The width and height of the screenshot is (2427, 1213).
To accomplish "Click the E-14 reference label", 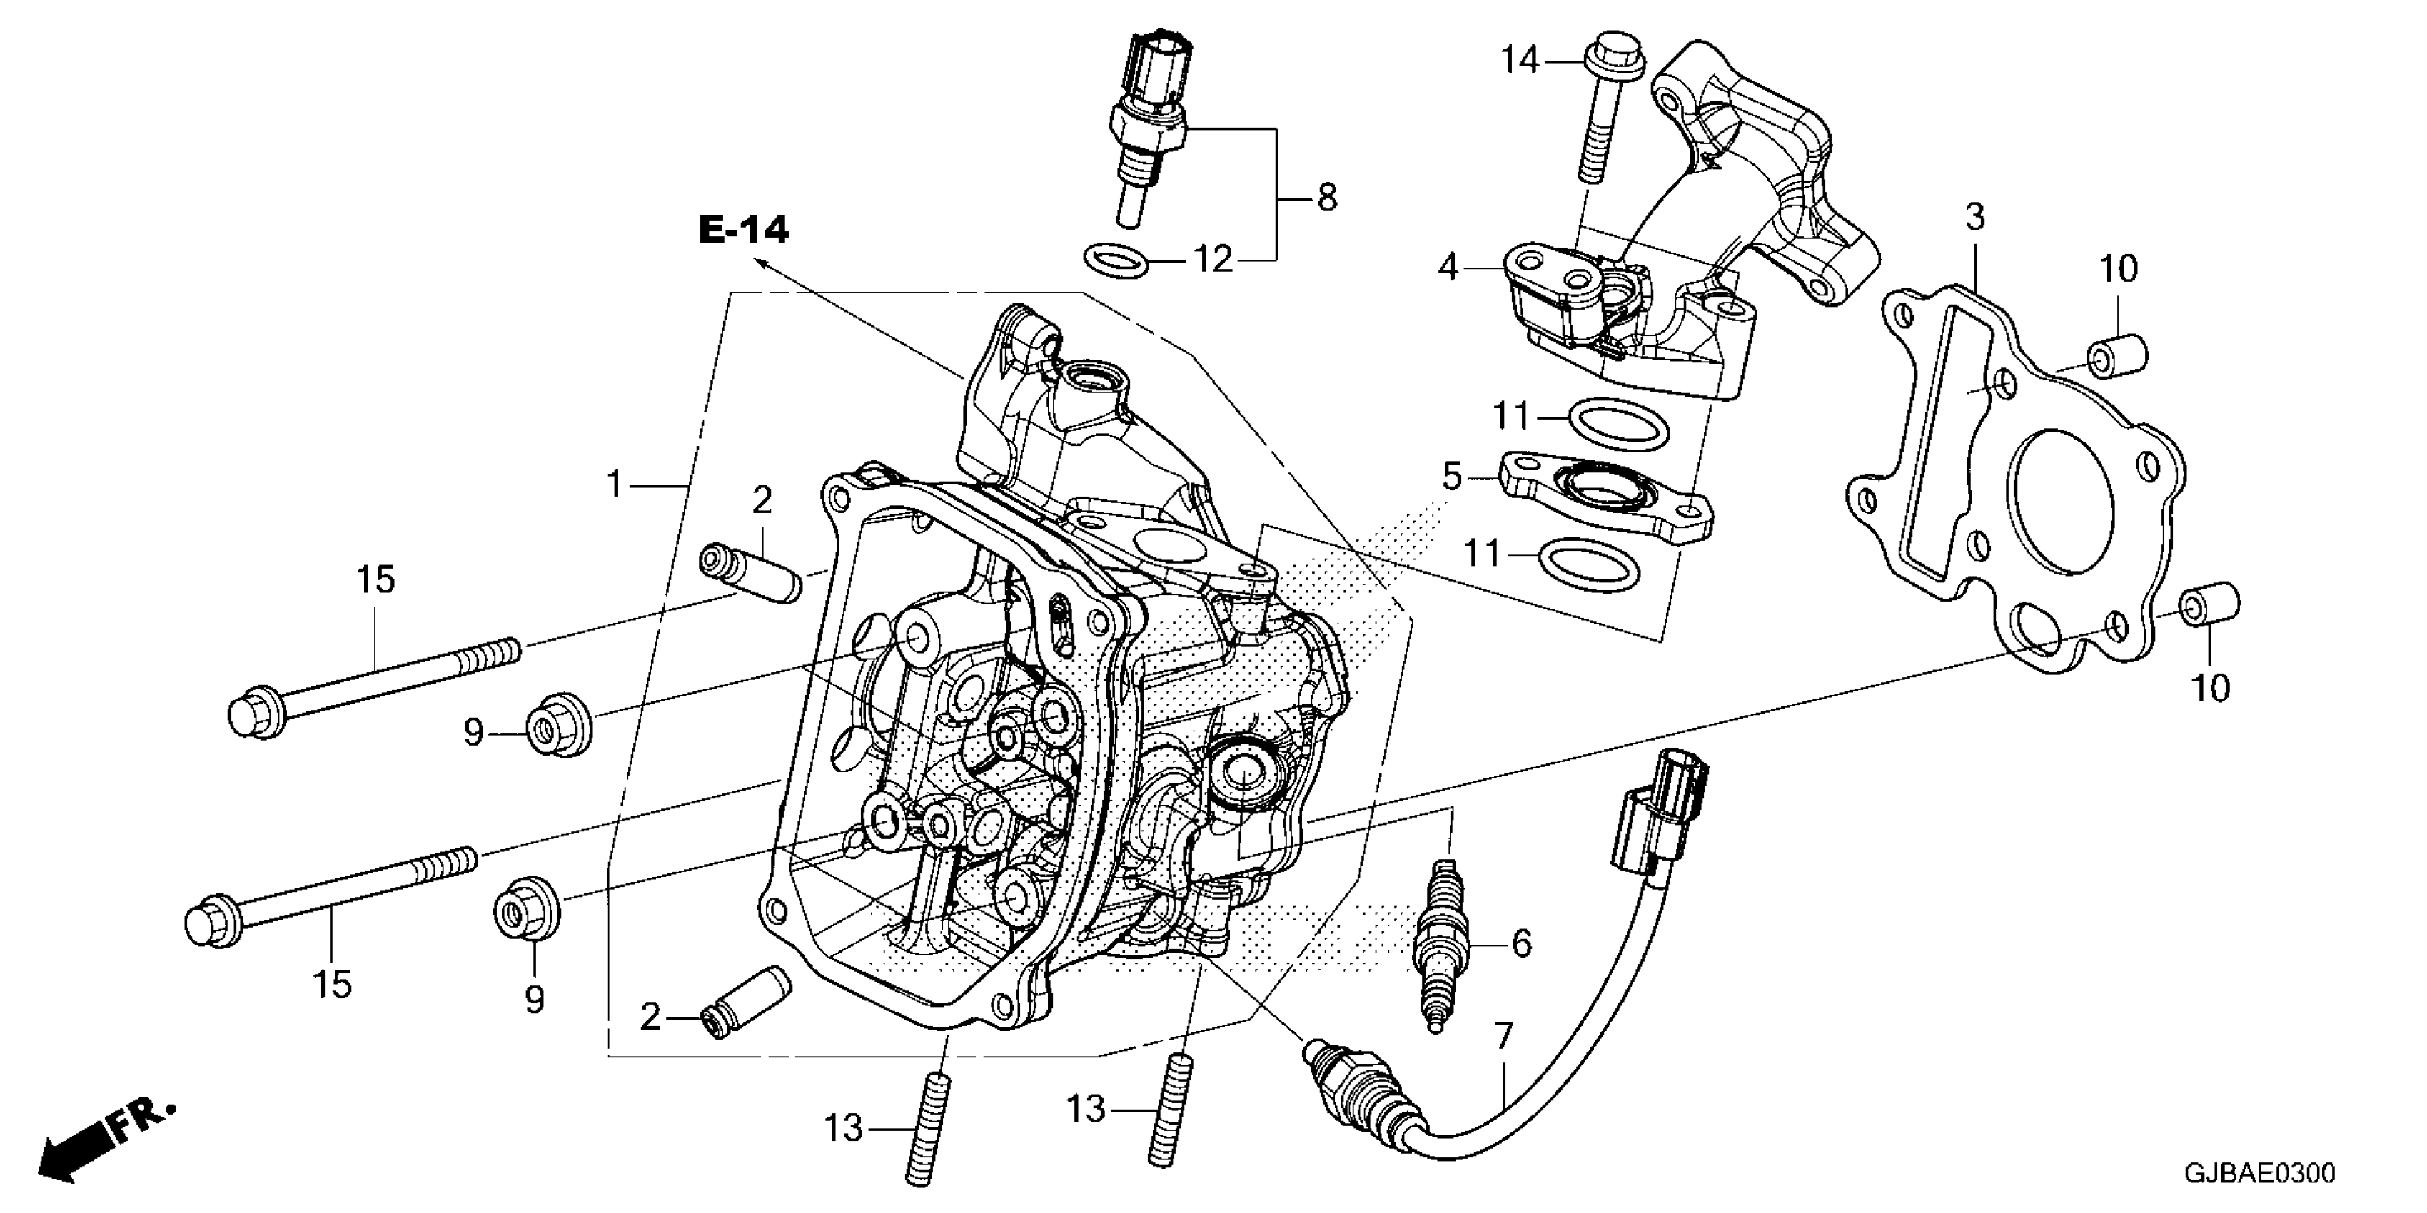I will [x=743, y=230].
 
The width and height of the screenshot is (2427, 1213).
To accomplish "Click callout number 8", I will [x=1326, y=198].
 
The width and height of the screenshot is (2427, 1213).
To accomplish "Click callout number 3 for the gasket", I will [x=1974, y=217].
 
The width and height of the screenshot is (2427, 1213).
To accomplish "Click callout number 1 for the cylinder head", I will [x=615, y=485].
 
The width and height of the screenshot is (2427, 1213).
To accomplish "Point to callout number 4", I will [x=1448, y=268].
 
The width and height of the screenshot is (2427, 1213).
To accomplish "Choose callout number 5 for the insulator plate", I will [x=1452, y=477].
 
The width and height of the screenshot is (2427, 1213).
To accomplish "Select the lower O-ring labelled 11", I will [x=1588, y=563].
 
